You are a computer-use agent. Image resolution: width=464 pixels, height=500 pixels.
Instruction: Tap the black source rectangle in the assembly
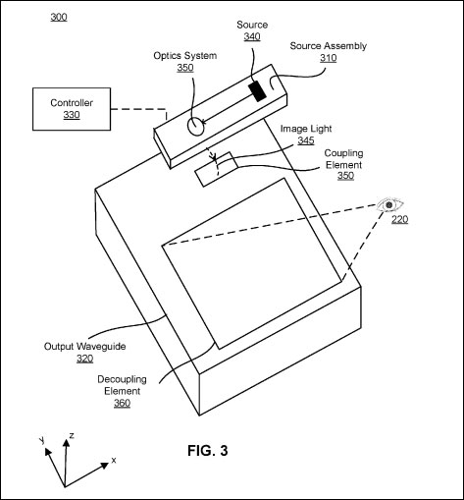coord(257,91)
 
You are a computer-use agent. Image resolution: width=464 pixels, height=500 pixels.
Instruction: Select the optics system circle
coord(195,126)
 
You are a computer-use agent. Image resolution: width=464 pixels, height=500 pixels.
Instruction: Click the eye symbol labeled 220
coord(389,205)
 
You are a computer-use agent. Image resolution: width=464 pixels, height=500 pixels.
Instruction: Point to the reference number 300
coord(59,17)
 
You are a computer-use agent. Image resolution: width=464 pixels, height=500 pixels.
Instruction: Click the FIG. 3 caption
coord(208,451)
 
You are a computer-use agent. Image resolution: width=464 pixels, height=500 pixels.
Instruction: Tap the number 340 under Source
coord(252,36)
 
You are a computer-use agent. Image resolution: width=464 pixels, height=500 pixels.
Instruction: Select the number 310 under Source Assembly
coord(329,58)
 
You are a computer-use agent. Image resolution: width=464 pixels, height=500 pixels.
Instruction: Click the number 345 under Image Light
coord(306,140)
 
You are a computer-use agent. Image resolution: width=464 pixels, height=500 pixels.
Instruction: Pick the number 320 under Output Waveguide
coord(85,359)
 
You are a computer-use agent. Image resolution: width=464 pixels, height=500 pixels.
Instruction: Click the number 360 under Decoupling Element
coord(123,403)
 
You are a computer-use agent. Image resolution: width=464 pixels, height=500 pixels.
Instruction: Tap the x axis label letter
coord(114,460)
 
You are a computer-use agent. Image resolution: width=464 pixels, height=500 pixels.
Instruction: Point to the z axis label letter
coord(72,435)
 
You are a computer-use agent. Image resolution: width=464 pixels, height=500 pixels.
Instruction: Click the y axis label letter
coord(42,440)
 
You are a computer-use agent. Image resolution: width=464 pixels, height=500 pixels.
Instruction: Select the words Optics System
coord(185,56)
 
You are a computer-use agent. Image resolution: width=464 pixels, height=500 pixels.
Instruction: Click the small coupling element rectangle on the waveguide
coord(216,169)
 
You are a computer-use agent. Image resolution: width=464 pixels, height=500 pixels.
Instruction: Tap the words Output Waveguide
coord(85,347)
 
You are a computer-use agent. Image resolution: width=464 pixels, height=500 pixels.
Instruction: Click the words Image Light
coord(306,129)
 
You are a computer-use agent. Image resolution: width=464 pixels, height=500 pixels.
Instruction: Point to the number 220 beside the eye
coord(400,219)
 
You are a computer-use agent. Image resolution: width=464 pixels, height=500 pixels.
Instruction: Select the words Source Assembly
coord(329,46)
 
